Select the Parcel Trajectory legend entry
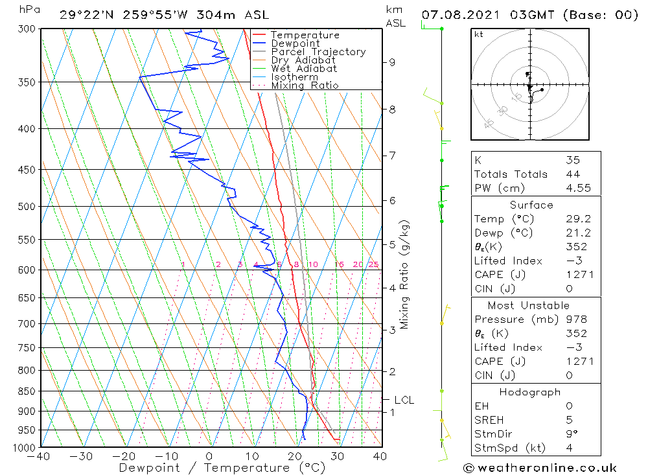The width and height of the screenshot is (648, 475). click(x=318, y=52)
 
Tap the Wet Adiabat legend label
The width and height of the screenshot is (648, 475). click(x=304, y=69)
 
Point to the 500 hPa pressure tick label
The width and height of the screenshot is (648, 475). click(x=27, y=206)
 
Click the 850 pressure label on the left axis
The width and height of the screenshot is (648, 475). click(x=27, y=391)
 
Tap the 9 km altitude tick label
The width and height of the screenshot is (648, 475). click(x=392, y=62)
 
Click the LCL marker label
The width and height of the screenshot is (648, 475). click(x=404, y=400)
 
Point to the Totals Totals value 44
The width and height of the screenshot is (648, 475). click(x=572, y=174)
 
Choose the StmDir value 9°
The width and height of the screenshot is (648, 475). click(x=570, y=434)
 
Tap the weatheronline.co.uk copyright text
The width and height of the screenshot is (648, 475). click(x=540, y=467)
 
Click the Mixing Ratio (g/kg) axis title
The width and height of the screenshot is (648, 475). click(x=404, y=273)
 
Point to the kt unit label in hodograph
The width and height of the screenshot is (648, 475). click(x=478, y=34)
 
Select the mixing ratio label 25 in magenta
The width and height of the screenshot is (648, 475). click(x=373, y=264)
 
